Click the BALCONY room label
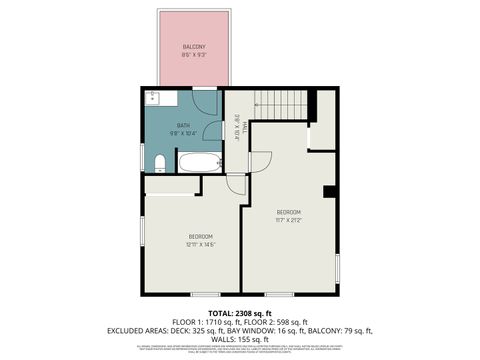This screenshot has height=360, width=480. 193,48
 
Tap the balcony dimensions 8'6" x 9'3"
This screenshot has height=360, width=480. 193,56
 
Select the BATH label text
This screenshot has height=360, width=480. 183,125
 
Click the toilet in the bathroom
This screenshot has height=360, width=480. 160,163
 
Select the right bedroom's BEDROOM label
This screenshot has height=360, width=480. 289,212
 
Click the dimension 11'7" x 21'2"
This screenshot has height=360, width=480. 289,220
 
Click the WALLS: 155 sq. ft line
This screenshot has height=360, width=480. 240,339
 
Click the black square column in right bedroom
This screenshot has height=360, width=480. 328,192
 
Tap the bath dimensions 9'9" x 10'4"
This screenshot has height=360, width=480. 183,133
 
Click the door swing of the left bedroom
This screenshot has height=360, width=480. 236,183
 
